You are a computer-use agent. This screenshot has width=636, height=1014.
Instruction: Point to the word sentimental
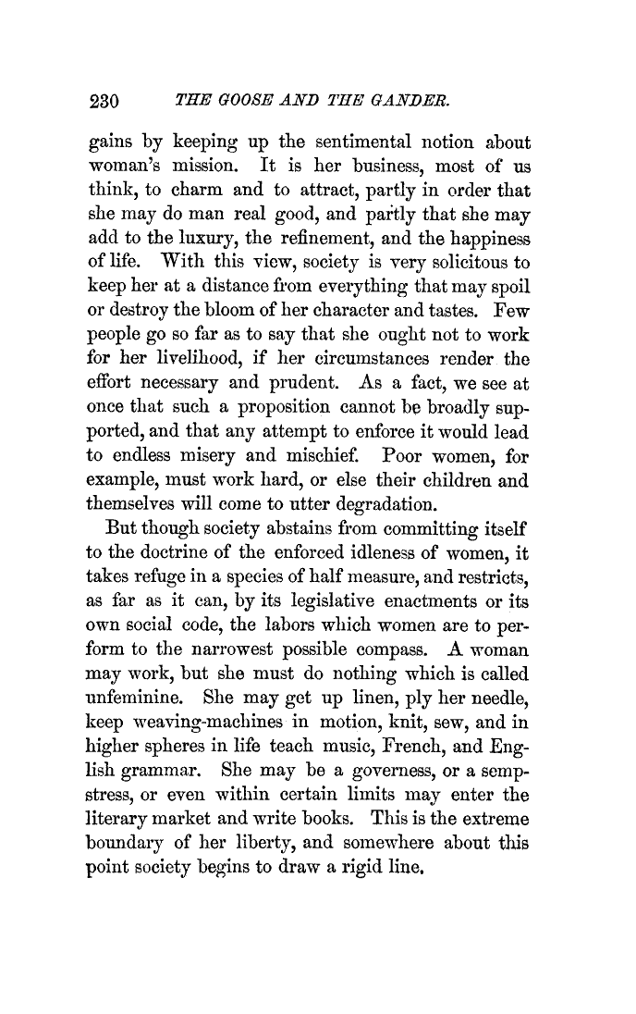coord(342,142)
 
